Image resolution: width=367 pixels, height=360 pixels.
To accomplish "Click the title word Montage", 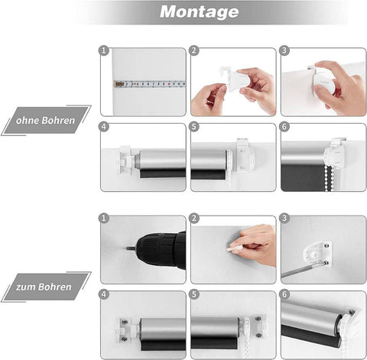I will [x=199, y=12].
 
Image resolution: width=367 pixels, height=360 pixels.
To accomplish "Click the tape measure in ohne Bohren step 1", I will [x=150, y=84].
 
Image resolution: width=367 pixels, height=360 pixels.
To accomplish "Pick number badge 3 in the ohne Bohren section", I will [x=285, y=51].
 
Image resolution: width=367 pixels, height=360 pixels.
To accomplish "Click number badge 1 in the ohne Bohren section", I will [x=105, y=51].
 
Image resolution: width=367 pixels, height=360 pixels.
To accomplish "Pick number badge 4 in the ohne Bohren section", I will [x=105, y=128].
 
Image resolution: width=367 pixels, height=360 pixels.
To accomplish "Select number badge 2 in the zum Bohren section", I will [x=195, y=219].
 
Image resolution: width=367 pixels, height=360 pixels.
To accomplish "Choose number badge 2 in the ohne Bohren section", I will [x=195, y=51].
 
